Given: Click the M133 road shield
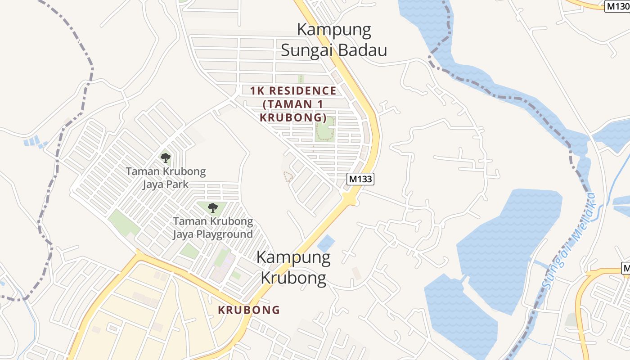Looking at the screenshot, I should click(x=361, y=179).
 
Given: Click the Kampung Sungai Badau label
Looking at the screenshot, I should click(x=334, y=40).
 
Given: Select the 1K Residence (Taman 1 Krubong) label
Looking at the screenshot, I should click(x=293, y=104).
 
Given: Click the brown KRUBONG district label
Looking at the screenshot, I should click(x=249, y=310).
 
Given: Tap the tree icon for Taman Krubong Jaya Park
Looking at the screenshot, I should click(x=166, y=158).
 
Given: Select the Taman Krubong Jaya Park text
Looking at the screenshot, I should click(x=166, y=178).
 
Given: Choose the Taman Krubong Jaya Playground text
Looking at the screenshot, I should click(x=213, y=228).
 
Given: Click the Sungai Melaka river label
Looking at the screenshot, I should click(x=569, y=240).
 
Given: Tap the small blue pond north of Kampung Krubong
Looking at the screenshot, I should click(x=326, y=243).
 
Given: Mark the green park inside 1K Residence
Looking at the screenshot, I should click(x=325, y=129).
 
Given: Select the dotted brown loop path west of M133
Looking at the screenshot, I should click(x=287, y=176).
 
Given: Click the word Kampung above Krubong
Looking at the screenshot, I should click(x=293, y=258).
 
